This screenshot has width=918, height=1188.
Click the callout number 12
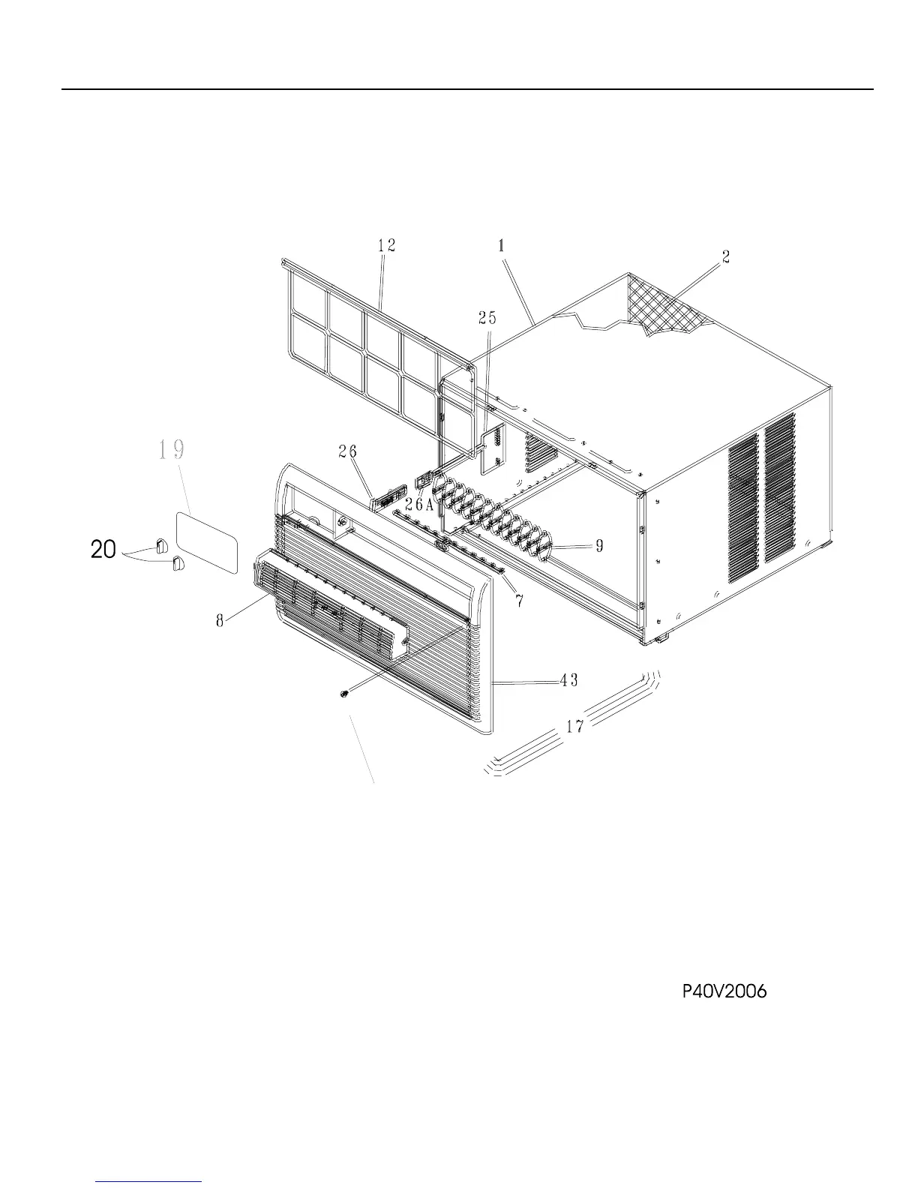pos(387,246)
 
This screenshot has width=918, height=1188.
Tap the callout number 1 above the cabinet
pos(501,244)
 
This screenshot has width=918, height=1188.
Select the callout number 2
pos(725,256)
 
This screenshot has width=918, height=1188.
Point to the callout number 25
pos(487,318)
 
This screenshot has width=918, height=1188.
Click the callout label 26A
pos(419,505)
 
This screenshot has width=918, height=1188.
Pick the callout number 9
pos(599,546)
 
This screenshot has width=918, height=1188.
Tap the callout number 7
pos(519,601)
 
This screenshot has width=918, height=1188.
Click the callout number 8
pos(220,622)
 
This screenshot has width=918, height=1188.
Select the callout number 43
pos(568,680)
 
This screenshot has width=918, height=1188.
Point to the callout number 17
pos(574,726)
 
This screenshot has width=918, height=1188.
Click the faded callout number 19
pos(172,450)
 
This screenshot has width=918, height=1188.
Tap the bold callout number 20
pos(103,550)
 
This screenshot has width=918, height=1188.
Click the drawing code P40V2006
pos(724,991)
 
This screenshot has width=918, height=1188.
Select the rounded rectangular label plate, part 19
pos(206,537)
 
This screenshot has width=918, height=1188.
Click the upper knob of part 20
pos(161,543)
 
